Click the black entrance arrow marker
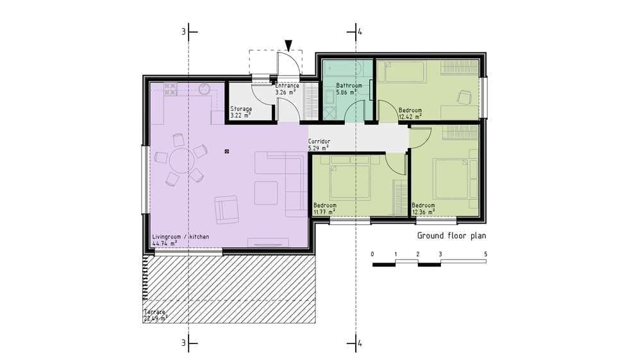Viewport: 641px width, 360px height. point(288,45)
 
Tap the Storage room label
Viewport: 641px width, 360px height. point(241,109)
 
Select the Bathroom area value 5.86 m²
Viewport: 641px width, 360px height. point(346,92)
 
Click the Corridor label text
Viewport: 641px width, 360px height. point(319,142)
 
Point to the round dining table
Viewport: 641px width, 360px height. point(181,161)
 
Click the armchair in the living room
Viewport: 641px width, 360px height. point(226,209)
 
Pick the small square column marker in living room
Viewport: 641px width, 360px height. point(227,152)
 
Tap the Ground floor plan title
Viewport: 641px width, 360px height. point(451,236)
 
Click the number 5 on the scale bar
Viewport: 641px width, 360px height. point(486,254)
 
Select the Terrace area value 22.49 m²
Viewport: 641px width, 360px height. point(155,318)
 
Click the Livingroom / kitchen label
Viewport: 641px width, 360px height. point(181,236)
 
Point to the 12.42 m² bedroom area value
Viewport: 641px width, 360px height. point(410,117)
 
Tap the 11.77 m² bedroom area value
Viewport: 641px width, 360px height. point(324,211)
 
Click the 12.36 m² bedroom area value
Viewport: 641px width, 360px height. point(423,211)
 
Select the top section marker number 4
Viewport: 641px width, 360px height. point(360,31)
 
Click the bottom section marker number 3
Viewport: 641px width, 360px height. point(184,343)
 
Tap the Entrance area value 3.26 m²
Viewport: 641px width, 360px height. point(285,92)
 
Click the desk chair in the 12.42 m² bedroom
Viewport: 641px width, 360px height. point(464,97)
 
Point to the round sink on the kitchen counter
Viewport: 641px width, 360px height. point(204,88)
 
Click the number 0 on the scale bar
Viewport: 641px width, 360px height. point(372,254)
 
